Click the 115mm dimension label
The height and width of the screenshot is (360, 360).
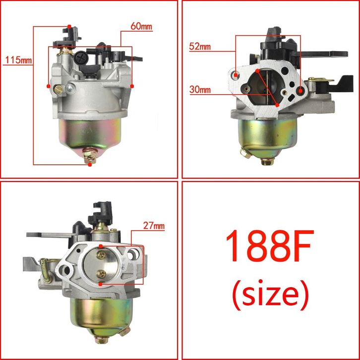tap(18, 60)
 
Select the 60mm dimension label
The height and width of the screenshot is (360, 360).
tap(141, 27)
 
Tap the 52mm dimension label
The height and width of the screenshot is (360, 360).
tap(200, 47)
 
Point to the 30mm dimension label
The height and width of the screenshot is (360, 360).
tap(200, 90)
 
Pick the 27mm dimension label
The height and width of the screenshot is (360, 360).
tap(154, 226)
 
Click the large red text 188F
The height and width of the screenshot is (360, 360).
tap(270, 245)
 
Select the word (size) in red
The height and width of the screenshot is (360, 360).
tap(270, 295)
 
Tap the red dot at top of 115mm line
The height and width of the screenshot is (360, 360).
tap(69, 27)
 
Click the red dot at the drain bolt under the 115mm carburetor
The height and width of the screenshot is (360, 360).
tap(90, 165)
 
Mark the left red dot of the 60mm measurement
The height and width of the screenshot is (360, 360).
tap(49, 86)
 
